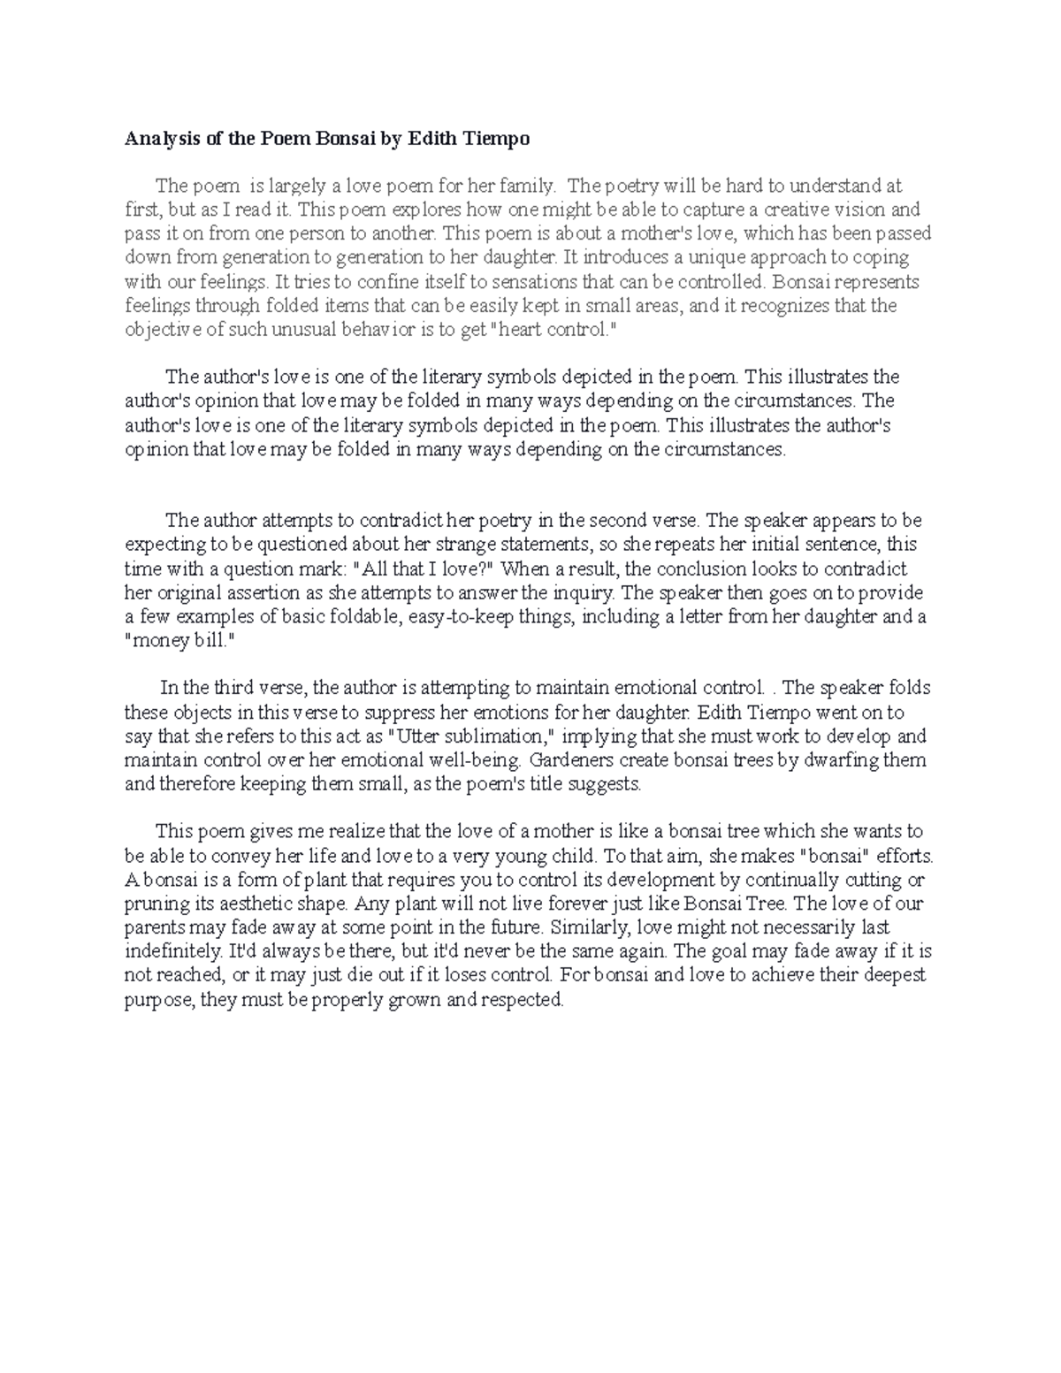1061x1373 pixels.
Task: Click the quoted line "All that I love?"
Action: click(429, 568)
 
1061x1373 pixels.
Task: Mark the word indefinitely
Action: click(173, 951)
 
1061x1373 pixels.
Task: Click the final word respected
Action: click(521, 1000)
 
